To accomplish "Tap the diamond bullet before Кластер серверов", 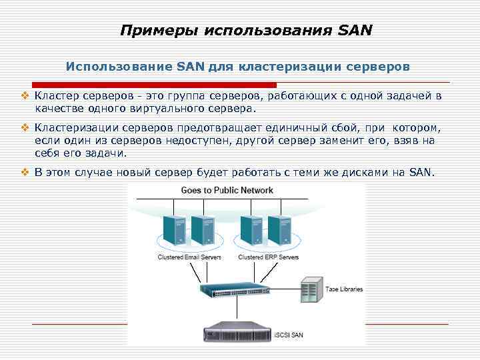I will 24,97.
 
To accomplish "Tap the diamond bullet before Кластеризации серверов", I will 24,128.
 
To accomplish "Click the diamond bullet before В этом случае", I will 24,173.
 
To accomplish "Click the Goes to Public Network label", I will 227,190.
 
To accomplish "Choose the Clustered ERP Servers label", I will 269,257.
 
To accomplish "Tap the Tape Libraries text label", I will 344,289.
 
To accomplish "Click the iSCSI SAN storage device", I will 237,333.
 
